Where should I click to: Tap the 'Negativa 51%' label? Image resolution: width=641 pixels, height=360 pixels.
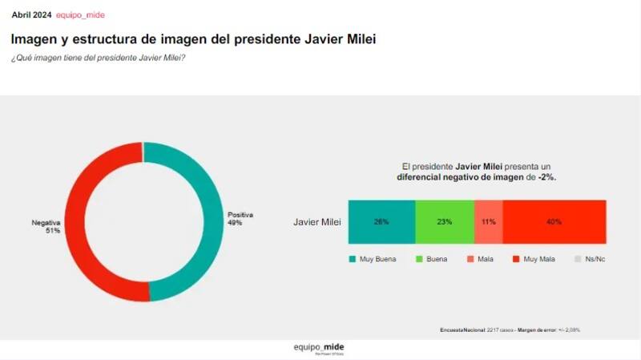[x=46, y=225]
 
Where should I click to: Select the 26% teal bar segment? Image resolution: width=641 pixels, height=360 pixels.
[x=381, y=221]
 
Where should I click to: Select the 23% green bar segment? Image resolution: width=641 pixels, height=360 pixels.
[x=445, y=221]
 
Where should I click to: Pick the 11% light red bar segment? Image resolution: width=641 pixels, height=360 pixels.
[x=489, y=221]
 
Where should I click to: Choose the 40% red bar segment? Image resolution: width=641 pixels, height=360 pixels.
[x=554, y=221]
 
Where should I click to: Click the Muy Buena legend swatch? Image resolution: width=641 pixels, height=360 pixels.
[x=352, y=259]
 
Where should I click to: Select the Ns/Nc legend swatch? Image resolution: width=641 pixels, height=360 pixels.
[x=579, y=259]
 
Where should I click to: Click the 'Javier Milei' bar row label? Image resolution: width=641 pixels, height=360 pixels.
[x=317, y=221]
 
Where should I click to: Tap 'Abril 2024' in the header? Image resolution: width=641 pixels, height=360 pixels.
[x=31, y=15]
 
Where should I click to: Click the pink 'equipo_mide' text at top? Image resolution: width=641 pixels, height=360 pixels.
[x=80, y=15]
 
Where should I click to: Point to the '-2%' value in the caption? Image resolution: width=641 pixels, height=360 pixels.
[x=547, y=176]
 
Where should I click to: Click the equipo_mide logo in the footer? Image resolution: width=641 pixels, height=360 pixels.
[x=319, y=348]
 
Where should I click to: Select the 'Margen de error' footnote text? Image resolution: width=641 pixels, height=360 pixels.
[x=536, y=330]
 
